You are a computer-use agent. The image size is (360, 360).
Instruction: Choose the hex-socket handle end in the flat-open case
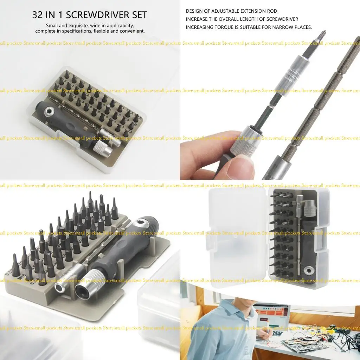click(x=309, y=270)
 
